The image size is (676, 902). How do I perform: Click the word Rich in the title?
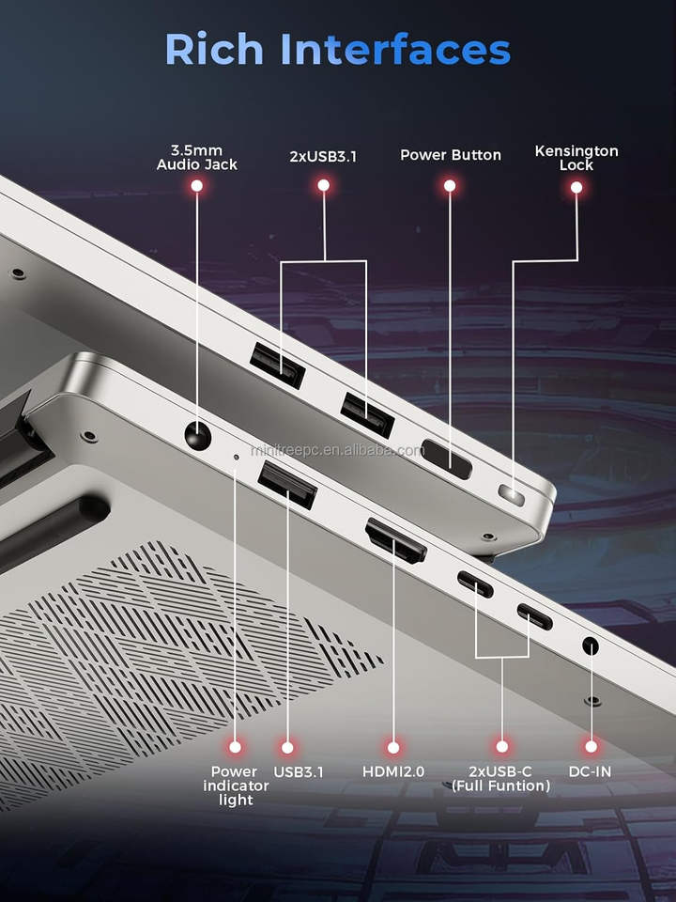pyautogui.click(x=214, y=50)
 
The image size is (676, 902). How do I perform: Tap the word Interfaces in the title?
pyautogui.click(x=395, y=49)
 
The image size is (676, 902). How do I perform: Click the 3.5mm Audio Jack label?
pyautogui.click(x=196, y=158)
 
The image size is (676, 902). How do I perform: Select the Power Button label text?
pyautogui.click(x=450, y=155)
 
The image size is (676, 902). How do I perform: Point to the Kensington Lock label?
pyautogui.click(x=576, y=158)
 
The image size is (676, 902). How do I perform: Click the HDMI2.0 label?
pyautogui.click(x=393, y=771)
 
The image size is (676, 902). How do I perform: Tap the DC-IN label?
pyautogui.click(x=590, y=771)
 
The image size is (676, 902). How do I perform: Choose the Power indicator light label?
pyautogui.click(x=236, y=785)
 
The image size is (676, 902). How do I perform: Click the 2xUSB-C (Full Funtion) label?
pyautogui.click(x=500, y=779)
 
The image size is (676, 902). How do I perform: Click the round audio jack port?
pyautogui.click(x=198, y=436)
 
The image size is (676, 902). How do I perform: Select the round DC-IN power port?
pyautogui.click(x=591, y=646)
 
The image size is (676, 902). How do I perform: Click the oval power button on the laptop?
pyautogui.click(x=447, y=459)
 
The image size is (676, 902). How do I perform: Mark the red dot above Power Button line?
pyautogui.click(x=450, y=186)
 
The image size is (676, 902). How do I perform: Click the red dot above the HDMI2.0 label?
pyautogui.click(x=393, y=747)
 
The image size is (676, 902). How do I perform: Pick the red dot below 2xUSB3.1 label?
pyautogui.click(x=324, y=185)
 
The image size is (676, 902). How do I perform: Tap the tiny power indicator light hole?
pyautogui.click(x=236, y=457)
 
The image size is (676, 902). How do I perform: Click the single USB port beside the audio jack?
pyautogui.click(x=287, y=485)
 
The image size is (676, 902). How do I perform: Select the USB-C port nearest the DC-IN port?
pyautogui.click(x=534, y=616)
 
